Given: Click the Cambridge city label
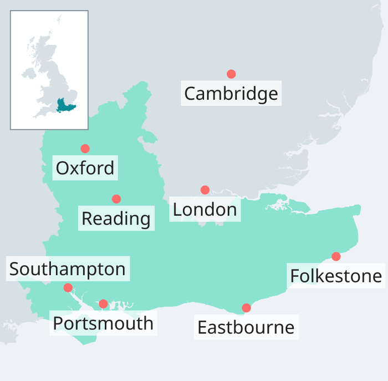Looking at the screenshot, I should pyautogui.click(x=231, y=93).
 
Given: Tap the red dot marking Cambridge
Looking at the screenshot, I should pyautogui.click(x=231, y=74).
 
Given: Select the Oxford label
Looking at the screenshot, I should pyautogui.click(x=85, y=168).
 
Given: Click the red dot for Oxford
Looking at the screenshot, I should pyautogui.click(x=85, y=149).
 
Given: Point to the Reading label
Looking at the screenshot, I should pyautogui.click(x=116, y=219).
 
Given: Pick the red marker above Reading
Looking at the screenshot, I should pyautogui.click(x=116, y=199).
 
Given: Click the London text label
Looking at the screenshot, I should pyautogui.click(x=205, y=210).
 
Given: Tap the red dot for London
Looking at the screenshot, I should pyautogui.click(x=205, y=190).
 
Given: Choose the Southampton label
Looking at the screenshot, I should pyautogui.click(x=68, y=269).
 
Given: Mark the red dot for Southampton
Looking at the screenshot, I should pyautogui.click(x=68, y=287).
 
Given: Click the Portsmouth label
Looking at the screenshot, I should pyautogui.click(x=103, y=323).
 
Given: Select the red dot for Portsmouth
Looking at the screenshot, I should pyautogui.click(x=103, y=304).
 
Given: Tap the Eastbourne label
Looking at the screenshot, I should pyautogui.click(x=246, y=327).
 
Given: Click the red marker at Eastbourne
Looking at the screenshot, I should pyautogui.click(x=247, y=308).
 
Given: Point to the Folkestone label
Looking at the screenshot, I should pyautogui.click(x=336, y=276).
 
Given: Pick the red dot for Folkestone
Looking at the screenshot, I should pyautogui.click(x=336, y=256).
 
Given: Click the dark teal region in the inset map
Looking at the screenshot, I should pyautogui.click(x=66, y=105).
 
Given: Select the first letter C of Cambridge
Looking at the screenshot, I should pyautogui.click(x=190, y=93).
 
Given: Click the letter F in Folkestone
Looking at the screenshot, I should pyautogui.click(x=295, y=276).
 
